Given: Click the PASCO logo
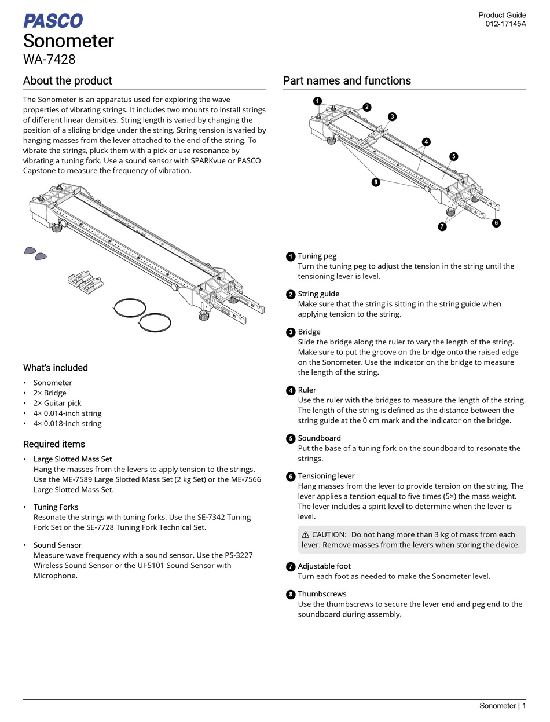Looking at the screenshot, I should (53, 21).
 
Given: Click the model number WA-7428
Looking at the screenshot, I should (49, 59).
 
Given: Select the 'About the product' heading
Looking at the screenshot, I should (67, 81).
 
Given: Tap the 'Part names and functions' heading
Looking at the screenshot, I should (347, 81).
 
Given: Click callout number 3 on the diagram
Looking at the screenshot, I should (392, 116).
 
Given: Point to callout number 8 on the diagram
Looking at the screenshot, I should (376, 182).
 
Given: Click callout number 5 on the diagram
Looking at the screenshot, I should (453, 156).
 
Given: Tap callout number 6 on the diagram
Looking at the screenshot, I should (496, 223).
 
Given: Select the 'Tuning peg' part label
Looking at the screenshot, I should (317, 256).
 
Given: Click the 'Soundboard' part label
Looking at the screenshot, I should (319, 438).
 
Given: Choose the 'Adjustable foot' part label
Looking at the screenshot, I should (324, 566).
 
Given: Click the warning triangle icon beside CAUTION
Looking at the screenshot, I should (305, 534).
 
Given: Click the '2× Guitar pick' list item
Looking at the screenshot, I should (57, 403).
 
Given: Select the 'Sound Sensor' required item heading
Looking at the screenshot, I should (57, 545).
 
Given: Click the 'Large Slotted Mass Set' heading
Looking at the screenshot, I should (72, 459).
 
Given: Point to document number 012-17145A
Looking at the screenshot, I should (505, 24).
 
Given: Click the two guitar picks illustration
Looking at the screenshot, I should (35, 252).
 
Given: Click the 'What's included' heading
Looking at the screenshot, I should (56, 368).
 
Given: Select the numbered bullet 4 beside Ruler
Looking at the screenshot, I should (291, 390).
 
